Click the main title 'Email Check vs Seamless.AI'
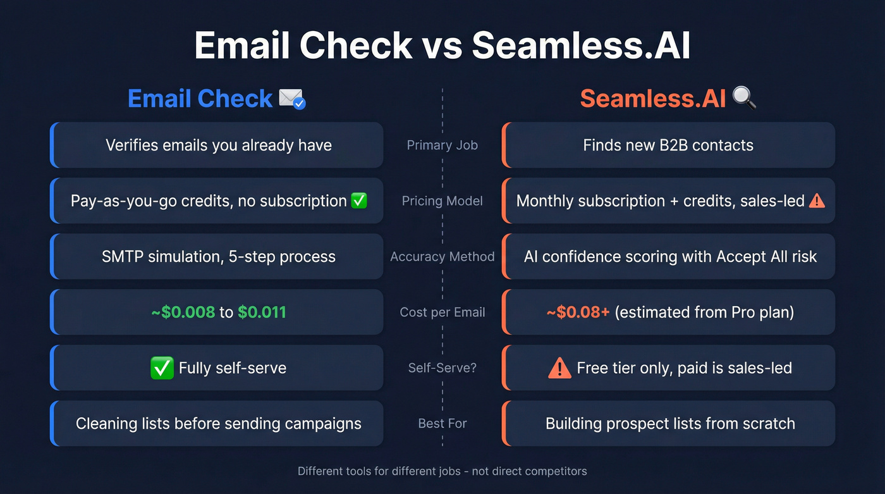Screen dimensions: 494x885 (442, 46)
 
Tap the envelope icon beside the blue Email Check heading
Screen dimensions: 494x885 (291, 99)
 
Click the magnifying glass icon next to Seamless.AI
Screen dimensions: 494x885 (744, 99)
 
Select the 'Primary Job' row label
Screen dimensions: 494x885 (442, 145)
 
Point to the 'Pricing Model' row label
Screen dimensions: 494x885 (442, 201)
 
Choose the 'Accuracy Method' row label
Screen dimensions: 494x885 (442, 257)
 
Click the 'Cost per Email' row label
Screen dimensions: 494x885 (442, 312)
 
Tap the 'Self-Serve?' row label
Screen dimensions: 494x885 (442, 368)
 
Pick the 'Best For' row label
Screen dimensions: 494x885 (442, 424)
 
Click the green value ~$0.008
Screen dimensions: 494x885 (183, 312)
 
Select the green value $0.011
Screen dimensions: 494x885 (262, 312)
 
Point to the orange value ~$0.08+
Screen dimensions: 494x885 (578, 312)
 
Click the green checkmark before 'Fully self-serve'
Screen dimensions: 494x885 (162, 368)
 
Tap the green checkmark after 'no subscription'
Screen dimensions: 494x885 (359, 201)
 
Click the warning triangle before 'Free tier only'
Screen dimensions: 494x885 (559, 368)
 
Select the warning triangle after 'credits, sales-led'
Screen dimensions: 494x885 (817, 201)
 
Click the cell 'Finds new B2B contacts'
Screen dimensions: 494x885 (668, 145)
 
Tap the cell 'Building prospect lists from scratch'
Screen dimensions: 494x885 (670, 424)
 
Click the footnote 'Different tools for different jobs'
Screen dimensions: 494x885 (442, 471)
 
